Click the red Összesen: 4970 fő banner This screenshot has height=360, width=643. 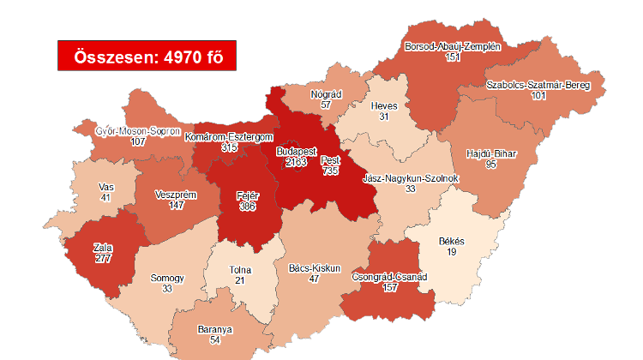(146, 57)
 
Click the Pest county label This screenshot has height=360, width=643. (330, 159)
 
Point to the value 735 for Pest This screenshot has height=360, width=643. (330, 171)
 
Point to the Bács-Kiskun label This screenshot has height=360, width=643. (315, 267)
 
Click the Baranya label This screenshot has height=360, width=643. (215, 328)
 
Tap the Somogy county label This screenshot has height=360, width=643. (166, 278)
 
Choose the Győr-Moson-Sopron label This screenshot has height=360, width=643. (137, 131)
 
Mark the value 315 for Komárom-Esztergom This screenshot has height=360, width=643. (229, 147)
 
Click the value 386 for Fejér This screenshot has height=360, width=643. (247, 206)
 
